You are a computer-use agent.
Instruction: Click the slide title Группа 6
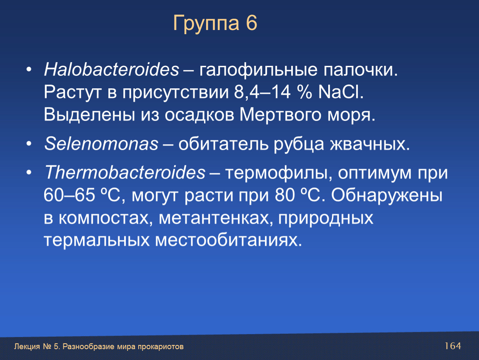coord(215,23)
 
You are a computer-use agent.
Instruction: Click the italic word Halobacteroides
coord(112,69)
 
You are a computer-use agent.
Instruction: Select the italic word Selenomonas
coord(101,143)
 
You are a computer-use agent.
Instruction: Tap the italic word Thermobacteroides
coord(125,172)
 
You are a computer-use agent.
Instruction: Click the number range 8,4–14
coord(262,92)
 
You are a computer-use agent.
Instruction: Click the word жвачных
coord(369,144)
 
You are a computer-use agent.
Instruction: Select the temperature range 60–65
coord(69,195)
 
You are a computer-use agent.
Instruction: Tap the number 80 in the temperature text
coord(285,195)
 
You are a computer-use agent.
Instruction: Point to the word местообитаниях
coord(229,240)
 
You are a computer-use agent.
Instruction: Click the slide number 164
coord(453,346)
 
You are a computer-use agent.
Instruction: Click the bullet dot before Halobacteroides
coord(29,70)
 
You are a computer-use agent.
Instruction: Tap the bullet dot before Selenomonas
coord(29,144)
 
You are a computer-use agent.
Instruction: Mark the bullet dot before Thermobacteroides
coord(29,172)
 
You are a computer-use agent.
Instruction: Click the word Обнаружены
coord(387,195)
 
